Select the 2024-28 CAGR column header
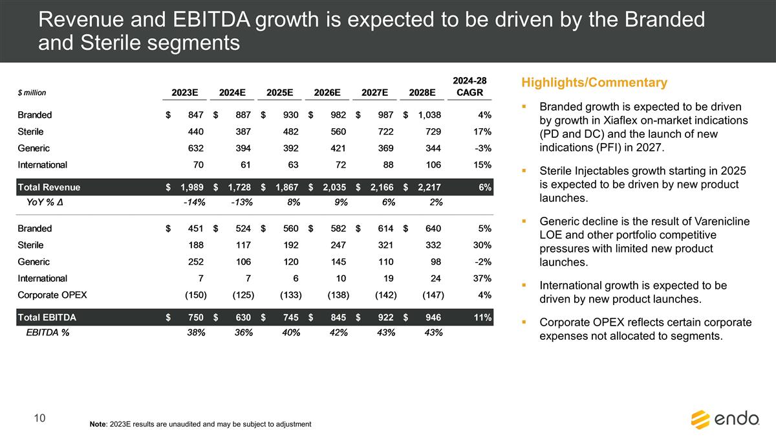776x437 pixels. (469, 86)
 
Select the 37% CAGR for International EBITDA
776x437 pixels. (482, 278)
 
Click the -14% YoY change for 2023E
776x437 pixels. (194, 202)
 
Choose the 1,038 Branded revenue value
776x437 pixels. (427, 115)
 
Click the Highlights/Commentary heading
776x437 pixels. (594, 83)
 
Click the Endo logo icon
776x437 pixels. (700, 420)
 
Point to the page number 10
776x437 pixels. (39, 419)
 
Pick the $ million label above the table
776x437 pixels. (32, 93)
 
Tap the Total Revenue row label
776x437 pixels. (48, 188)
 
